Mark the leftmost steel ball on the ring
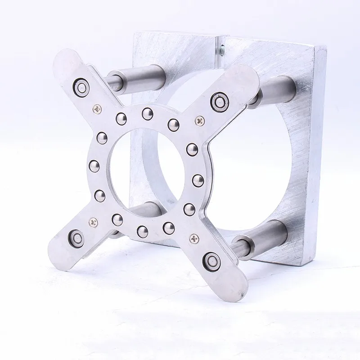pos(94,164)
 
